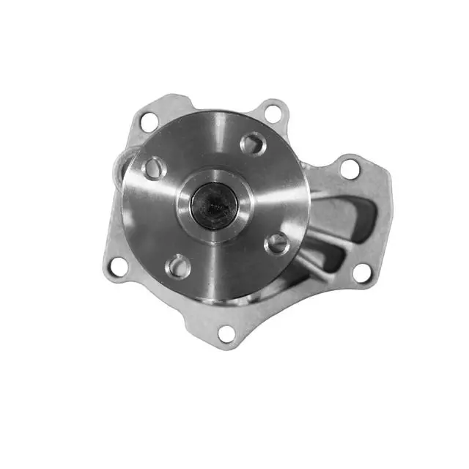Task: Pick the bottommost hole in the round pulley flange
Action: [x=178, y=265]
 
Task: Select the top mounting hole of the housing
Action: [x=273, y=112]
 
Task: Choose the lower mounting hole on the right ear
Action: [x=362, y=272]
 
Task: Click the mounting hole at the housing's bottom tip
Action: [x=227, y=333]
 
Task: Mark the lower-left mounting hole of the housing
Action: [x=116, y=266]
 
